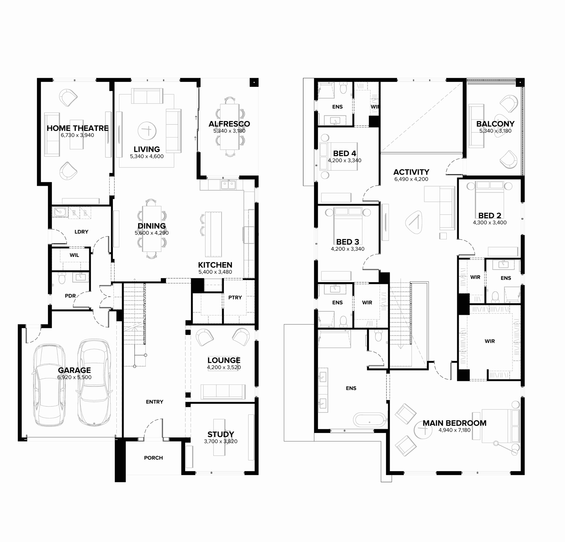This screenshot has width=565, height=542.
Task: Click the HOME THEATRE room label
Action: click(x=78, y=128)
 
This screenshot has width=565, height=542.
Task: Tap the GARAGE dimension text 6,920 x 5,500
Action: click(x=74, y=377)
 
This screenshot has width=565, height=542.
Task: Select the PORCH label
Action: click(x=153, y=458)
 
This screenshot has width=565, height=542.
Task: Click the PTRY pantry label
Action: click(x=235, y=298)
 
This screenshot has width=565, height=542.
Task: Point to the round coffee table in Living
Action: click(x=147, y=131)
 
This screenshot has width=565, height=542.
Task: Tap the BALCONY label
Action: click(x=495, y=124)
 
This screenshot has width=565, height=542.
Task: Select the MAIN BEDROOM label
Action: click(x=455, y=423)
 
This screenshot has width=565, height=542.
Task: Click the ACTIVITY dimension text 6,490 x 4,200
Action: click(x=411, y=179)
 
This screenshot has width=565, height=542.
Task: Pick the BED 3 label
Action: click(x=348, y=242)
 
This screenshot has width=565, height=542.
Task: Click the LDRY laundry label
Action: click(x=81, y=232)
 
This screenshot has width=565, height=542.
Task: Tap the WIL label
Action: click(x=74, y=255)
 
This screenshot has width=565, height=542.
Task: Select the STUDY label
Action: click(x=221, y=434)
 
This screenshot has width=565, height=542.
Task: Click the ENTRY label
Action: click(x=154, y=402)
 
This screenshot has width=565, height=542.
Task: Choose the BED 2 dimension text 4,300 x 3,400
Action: click(x=490, y=223)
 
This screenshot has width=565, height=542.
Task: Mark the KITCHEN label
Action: click(x=215, y=265)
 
